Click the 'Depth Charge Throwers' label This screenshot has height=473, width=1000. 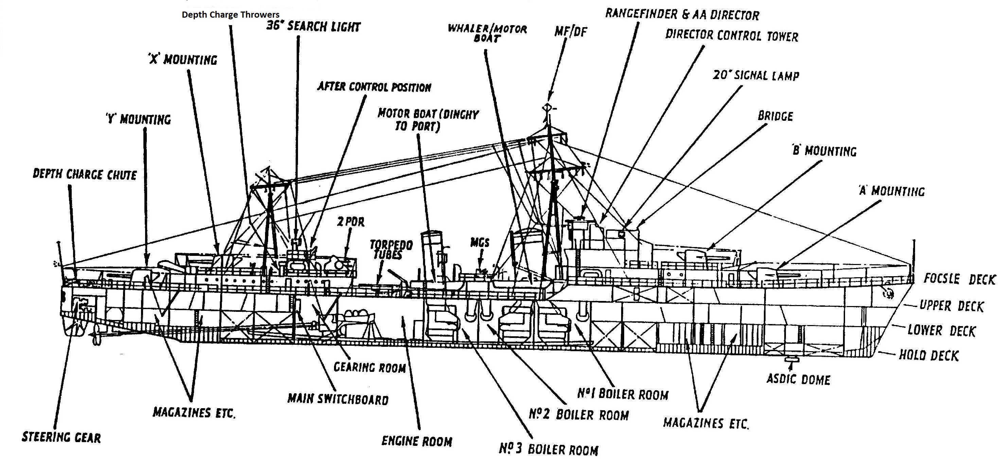point(231,15)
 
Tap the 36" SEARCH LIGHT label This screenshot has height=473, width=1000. point(313,27)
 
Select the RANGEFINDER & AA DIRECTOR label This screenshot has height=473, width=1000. point(682,15)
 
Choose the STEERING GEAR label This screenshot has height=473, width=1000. point(62,437)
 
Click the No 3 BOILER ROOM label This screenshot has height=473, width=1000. point(548,449)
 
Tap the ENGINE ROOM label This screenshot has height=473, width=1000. point(417,441)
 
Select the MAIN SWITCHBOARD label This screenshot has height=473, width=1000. point(338,399)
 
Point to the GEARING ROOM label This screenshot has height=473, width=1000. point(370,367)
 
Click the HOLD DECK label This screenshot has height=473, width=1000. point(929,355)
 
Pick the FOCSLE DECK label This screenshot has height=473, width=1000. point(959,279)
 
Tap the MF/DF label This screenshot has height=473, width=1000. point(571,32)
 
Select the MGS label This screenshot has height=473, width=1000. point(480,243)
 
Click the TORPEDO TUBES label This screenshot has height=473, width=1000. point(390,249)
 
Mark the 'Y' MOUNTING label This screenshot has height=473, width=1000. point(138,119)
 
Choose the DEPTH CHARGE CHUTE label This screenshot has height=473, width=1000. point(85,174)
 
